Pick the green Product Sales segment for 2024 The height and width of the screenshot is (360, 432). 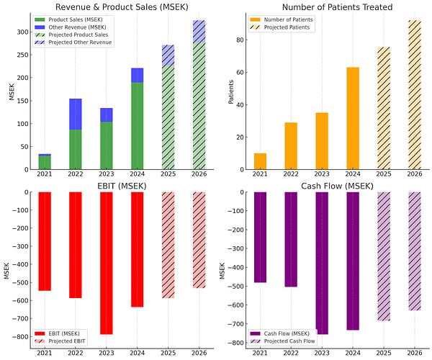pos(137,126)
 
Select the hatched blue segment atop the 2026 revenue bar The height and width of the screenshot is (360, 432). pos(198,32)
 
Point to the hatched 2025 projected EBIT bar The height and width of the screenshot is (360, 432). pos(168,245)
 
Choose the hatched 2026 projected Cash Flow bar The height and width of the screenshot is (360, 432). pos(414,251)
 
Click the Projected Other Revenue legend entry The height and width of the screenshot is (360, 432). pos(80,42)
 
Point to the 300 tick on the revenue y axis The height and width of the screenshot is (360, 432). pos(24,32)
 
